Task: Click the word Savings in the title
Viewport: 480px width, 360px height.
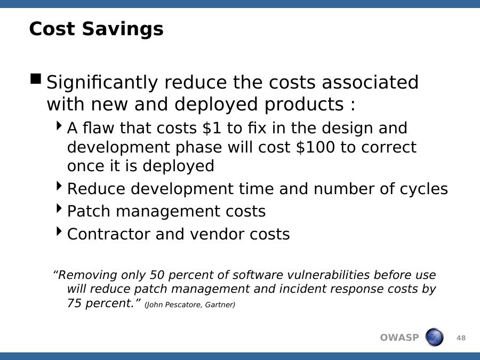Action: pyautogui.click(x=123, y=29)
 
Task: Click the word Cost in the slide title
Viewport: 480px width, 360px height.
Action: pyautogui.click(x=52, y=29)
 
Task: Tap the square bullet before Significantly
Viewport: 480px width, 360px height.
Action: pyautogui.click(x=36, y=79)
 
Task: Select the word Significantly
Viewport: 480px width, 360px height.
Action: pyautogui.click(x=102, y=83)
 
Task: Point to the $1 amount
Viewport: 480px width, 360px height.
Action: pyautogui.click(x=212, y=127)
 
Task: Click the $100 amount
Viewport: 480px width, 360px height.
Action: pyautogui.click(x=315, y=147)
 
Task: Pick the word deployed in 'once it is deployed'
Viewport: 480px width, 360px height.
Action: pyautogui.click(x=178, y=166)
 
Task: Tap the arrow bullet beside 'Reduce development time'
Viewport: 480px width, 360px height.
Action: pyautogui.click(x=59, y=186)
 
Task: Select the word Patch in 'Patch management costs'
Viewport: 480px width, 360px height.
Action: pyautogui.click(x=89, y=211)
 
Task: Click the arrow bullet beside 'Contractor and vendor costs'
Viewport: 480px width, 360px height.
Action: pyautogui.click(x=59, y=231)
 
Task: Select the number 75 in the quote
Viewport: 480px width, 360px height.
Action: pyautogui.click(x=74, y=303)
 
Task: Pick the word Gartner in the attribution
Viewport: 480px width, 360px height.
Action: pyautogui.click(x=220, y=305)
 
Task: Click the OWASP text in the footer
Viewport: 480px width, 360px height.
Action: pyautogui.click(x=399, y=338)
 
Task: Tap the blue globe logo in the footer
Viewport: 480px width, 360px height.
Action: pyautogui.click(x=434, y=337)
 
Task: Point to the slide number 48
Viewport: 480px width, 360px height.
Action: pyautogui.click(x=461, y=338)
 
